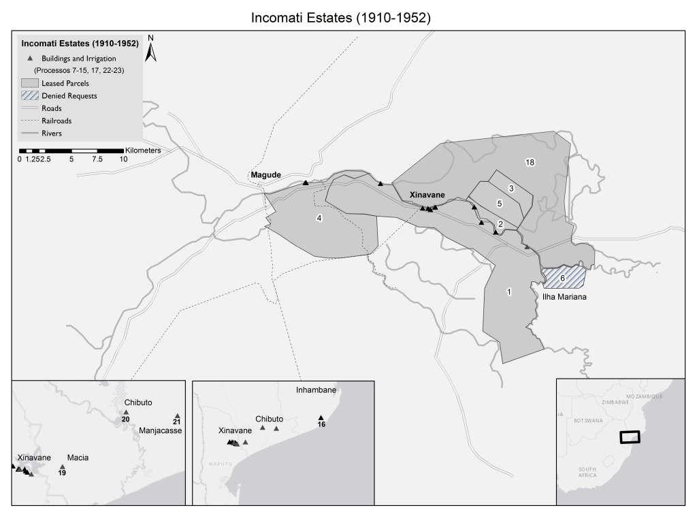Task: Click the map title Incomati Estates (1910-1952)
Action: coord(341,18)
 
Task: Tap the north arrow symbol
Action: coord(152,49)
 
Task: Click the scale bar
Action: coord(71,150)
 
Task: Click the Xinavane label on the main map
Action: coord(426,195)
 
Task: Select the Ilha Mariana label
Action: coord(562,298)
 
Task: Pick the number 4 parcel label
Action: coord(318,218)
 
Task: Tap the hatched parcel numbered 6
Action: coord(562,278)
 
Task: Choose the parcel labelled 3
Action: coord(510,188)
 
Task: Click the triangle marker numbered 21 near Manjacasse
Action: coord(177,416)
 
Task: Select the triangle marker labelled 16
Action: coord(321,418)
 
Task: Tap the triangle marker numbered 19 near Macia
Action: coord(62,466)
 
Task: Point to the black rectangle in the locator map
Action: coord(630,437)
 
